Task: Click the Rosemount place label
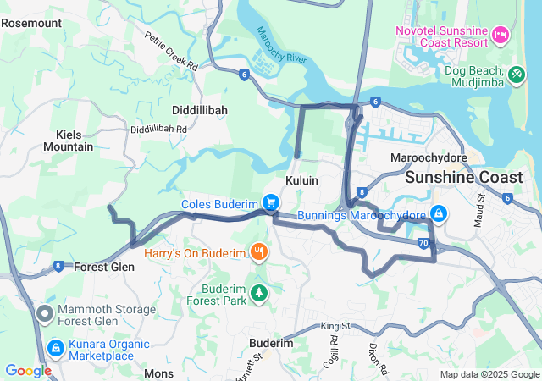[31, 23]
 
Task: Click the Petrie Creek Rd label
[170, 52]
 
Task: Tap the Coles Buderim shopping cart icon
[270, 202]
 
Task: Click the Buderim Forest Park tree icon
[259, 292]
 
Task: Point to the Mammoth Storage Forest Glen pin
[45, 315]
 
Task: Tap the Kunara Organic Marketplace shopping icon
[55, 348]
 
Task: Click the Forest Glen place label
[104, 267]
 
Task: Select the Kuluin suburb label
[301, 181]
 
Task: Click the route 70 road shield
[423, 244]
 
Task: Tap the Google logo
[28, 371]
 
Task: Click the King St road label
[335, 326]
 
